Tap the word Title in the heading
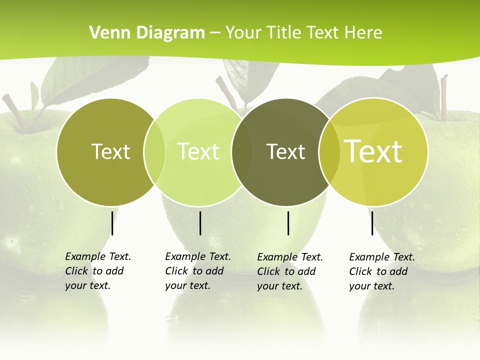(284, 33)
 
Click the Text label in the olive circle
(110, 151)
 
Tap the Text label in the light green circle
(198, 151)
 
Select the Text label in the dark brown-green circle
(285, 151)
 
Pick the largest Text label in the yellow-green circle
(373, 151)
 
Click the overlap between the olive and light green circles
(154, 152)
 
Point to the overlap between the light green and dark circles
(242, 152)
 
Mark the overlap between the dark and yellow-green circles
(329, 152)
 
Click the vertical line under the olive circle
(112, 223)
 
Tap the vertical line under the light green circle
(200, 223)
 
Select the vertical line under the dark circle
(288, 223)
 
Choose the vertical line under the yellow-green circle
(372, 223)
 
